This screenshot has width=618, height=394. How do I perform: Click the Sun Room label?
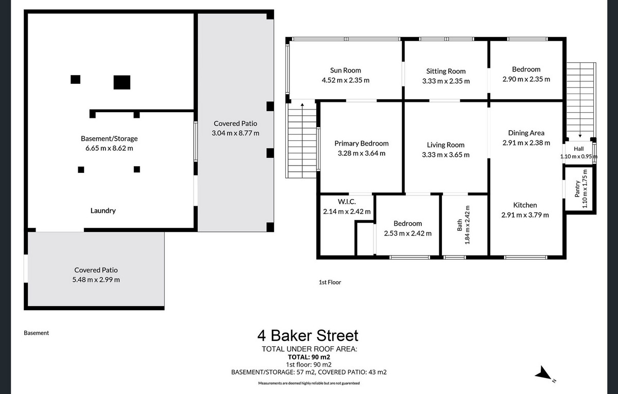346,70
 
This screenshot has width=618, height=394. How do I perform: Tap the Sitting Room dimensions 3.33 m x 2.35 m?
446,81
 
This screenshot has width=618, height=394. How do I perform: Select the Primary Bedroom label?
362,144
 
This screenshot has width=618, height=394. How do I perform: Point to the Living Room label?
445,145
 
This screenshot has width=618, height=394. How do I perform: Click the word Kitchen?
525,205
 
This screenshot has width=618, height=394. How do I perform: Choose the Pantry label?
577,189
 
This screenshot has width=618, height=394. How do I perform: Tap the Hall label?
578,149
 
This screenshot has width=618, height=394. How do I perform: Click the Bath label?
459,225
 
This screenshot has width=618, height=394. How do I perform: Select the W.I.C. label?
347,202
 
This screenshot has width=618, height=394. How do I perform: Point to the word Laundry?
103,211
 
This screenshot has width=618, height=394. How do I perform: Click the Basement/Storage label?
109,138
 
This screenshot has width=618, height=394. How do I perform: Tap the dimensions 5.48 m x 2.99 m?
96,280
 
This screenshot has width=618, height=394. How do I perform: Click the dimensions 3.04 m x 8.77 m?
235,133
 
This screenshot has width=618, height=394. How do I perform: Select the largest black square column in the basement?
122,82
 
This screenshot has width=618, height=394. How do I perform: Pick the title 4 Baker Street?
307,335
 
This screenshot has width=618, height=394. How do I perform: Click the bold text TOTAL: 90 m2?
309,357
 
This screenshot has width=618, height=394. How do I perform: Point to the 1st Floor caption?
330,282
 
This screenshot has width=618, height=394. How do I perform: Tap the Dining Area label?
526,133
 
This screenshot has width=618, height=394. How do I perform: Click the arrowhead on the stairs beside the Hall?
580,136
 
